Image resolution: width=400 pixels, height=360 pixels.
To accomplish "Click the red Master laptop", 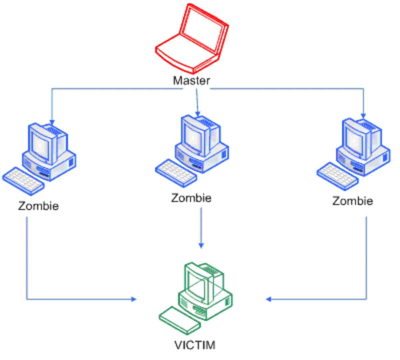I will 192,40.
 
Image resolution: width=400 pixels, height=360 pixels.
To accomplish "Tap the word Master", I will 191,80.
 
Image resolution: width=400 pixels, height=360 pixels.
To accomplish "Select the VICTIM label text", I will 195,345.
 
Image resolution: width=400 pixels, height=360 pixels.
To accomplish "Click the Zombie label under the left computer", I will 38,206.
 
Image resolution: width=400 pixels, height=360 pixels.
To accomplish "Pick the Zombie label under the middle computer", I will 191,198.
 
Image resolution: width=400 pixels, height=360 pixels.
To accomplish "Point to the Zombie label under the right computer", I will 353,201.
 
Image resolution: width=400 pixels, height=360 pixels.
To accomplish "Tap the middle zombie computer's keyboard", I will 176,173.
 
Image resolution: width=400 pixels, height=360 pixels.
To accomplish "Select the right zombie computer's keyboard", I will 337,176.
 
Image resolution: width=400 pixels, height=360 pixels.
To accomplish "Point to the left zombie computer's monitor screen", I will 40,146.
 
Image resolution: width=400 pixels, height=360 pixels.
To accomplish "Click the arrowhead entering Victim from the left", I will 134,299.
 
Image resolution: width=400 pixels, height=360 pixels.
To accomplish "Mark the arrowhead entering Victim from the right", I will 269,299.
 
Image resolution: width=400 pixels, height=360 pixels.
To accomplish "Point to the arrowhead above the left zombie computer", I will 52,122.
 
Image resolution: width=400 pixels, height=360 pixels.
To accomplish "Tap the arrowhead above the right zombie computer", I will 363,116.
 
